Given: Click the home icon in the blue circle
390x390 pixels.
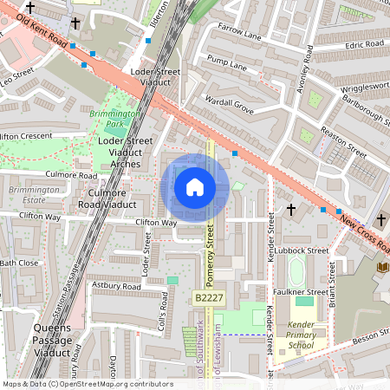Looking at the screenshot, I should [195, 187].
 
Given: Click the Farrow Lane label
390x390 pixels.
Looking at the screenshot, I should [240, 32].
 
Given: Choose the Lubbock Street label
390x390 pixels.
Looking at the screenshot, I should [305, 250].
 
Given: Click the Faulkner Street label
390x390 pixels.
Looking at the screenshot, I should [302, 292].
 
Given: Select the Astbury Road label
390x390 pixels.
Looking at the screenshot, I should [117, 285].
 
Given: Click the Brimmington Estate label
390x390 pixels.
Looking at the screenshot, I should [29, 195].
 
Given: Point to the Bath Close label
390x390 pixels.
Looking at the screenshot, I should [18, 262].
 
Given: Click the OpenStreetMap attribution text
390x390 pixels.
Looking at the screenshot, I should [88, 383].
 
